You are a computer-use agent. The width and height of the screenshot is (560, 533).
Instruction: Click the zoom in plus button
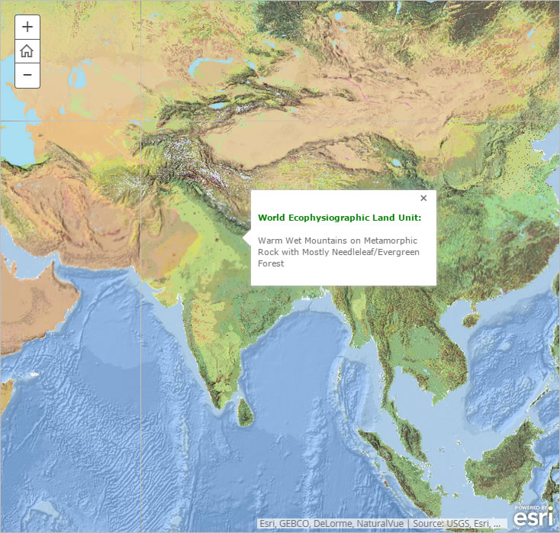27,27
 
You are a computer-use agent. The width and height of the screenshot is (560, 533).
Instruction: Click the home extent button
27,51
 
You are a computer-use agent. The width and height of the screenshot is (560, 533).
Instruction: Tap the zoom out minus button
27,75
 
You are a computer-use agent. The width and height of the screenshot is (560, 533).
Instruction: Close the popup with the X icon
423,199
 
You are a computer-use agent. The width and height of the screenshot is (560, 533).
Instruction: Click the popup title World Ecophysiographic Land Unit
340,218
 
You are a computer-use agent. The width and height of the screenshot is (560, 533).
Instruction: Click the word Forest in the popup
271,263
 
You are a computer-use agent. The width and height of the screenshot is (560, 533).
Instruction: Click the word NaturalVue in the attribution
379,524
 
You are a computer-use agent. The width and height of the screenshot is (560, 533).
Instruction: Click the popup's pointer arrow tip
244,239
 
